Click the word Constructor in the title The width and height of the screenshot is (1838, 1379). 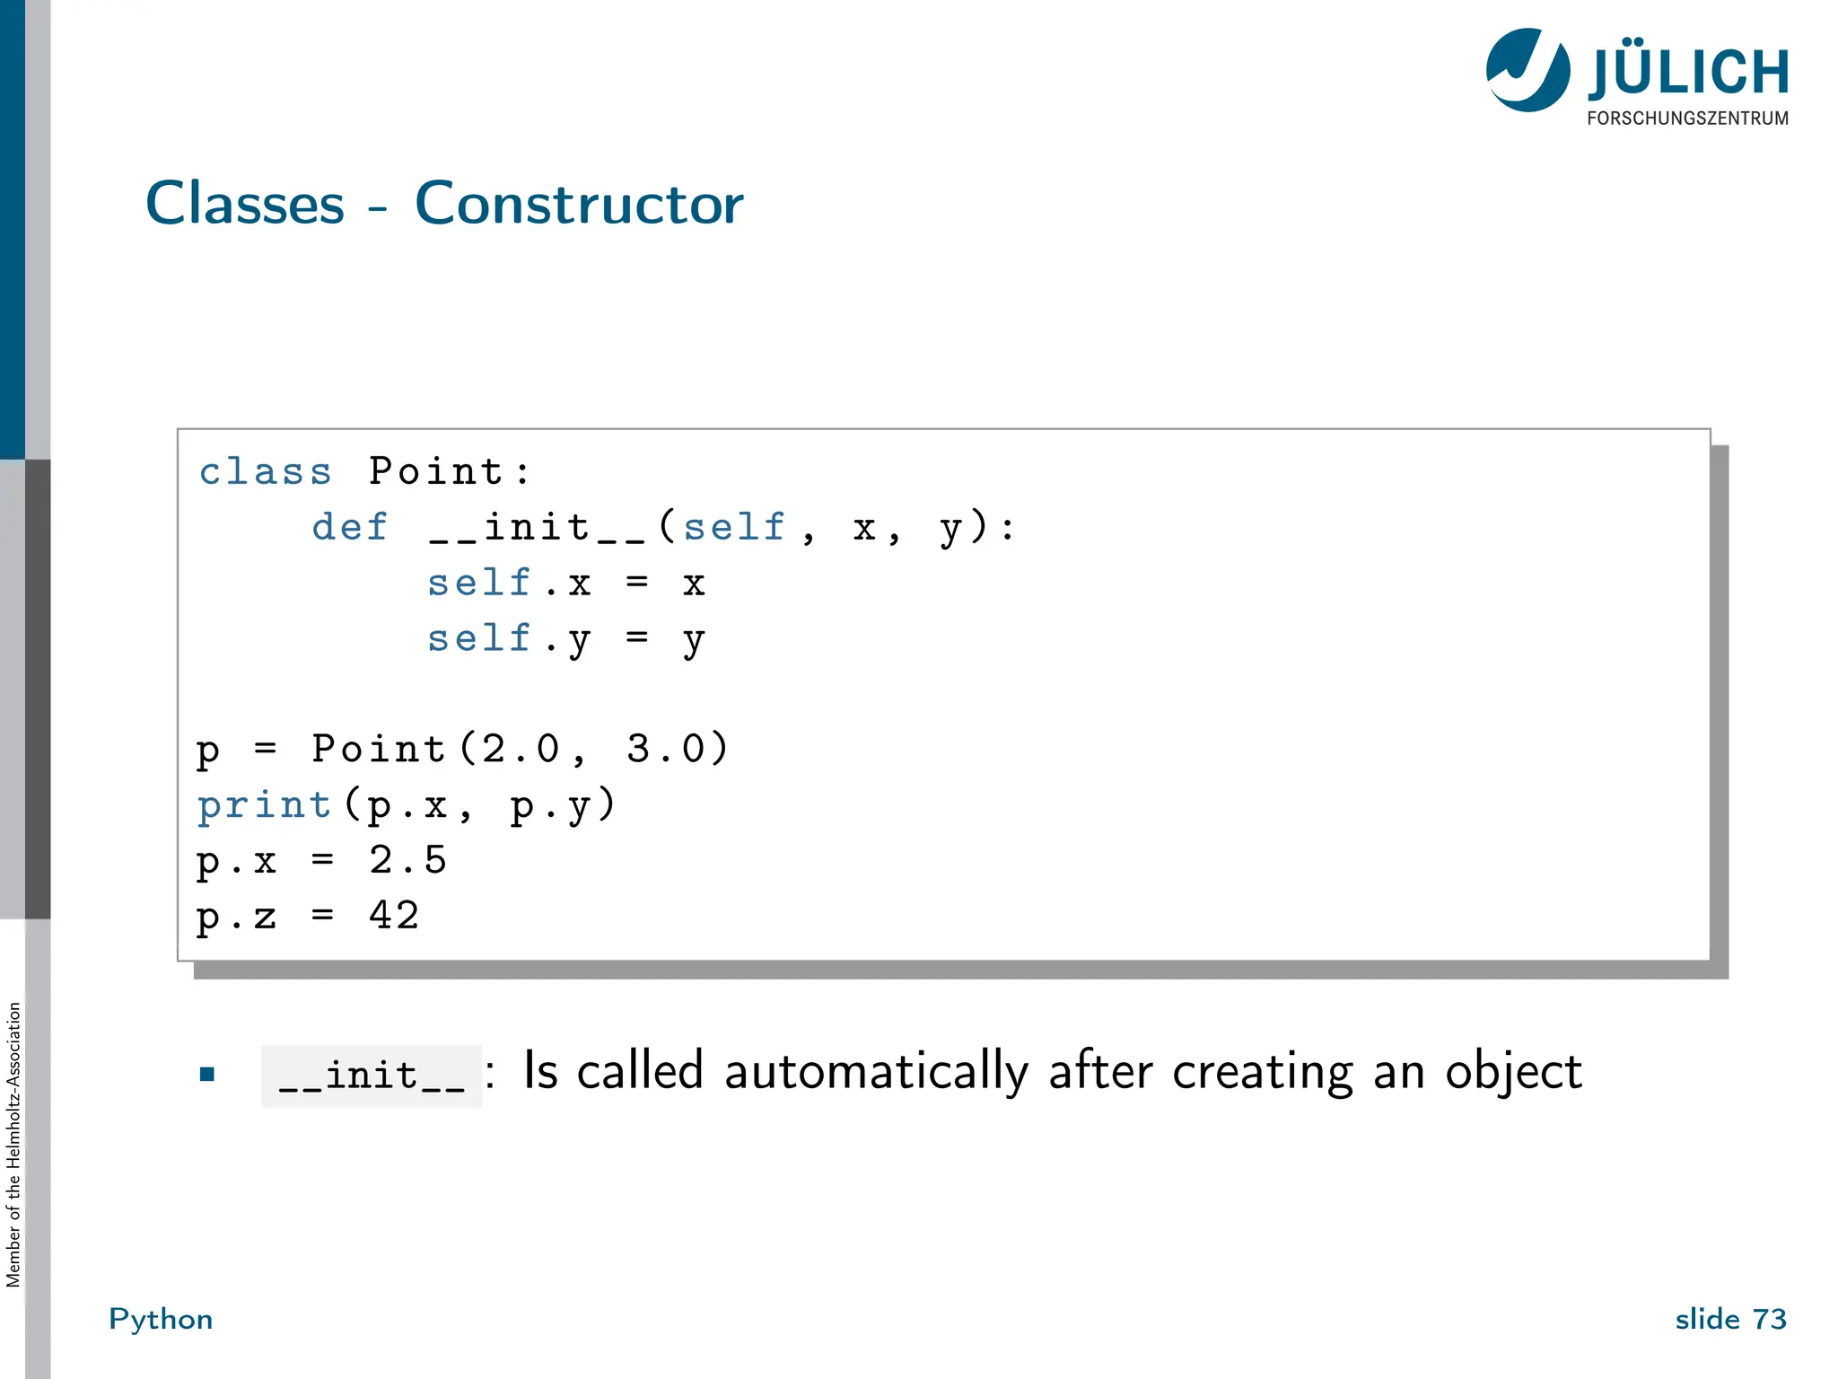579,204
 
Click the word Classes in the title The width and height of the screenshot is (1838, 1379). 245,204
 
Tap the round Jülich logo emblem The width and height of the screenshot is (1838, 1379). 1527,70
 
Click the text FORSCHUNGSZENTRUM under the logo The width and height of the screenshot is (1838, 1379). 1687,119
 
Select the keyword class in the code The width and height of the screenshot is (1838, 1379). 265,472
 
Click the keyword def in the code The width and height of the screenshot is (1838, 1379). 350,527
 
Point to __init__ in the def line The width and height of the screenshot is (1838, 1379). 538,527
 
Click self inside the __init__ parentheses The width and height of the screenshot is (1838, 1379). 734,527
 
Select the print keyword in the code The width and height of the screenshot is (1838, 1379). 265,805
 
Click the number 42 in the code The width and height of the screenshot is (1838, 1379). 395,916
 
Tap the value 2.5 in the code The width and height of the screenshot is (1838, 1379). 408,860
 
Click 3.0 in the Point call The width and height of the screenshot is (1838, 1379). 665,749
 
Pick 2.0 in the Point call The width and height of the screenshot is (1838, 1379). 521,749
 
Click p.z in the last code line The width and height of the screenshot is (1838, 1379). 237,917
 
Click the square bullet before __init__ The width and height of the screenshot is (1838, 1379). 207,1074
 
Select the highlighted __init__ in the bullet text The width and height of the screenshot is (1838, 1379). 372,1076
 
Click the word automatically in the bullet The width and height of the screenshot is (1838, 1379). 876,1072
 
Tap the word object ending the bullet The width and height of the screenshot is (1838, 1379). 1513,1072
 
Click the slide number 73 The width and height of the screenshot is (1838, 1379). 1769,1319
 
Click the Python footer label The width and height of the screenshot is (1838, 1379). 161,1319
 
